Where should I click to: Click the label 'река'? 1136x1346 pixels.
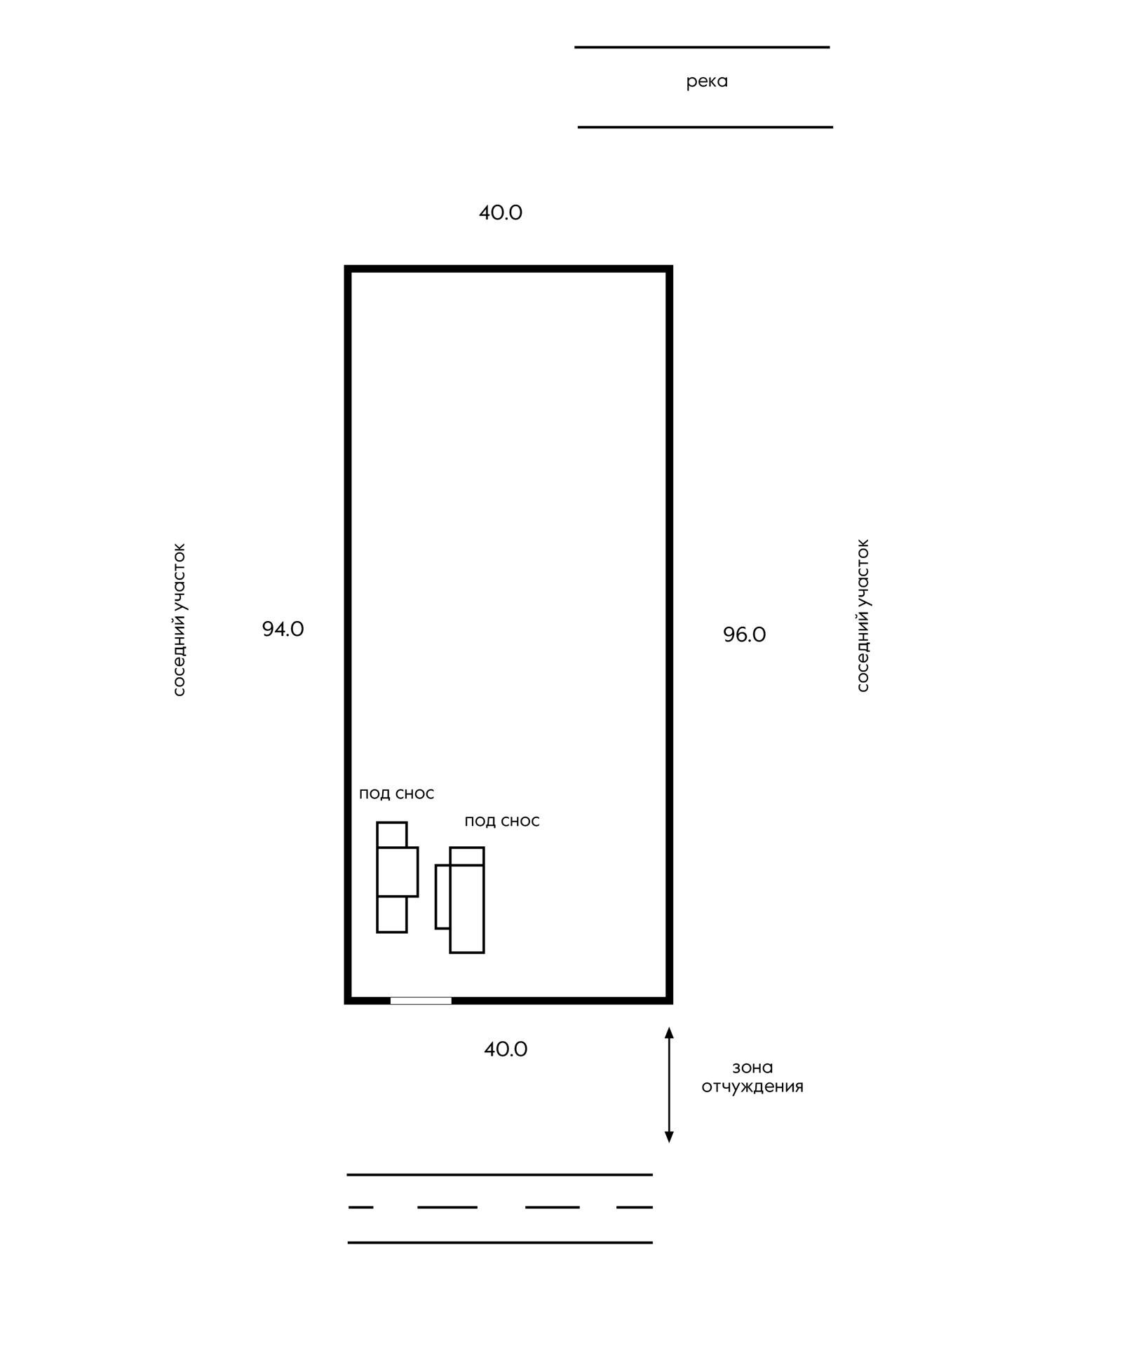click(707, 82)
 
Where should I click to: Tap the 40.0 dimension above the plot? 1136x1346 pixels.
click(501, 212)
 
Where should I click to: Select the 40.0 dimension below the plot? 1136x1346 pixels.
click(506, 1049)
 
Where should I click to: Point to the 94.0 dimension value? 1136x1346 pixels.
click(283, 629)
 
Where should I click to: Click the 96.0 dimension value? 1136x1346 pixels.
click(745, 634)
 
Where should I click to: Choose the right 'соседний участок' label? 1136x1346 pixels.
click(863, 616)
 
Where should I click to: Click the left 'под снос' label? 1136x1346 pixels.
click(397, 794)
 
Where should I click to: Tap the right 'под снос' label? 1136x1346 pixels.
click(502, 821)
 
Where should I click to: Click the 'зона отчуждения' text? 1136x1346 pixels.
click(752, 1078)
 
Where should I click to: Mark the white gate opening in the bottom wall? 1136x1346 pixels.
click(421, 1000)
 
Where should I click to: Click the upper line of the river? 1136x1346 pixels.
click(702, 48)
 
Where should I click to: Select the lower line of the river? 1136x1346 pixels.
click(705, 128)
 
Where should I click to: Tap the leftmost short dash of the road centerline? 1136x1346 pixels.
click(361, 1207)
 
